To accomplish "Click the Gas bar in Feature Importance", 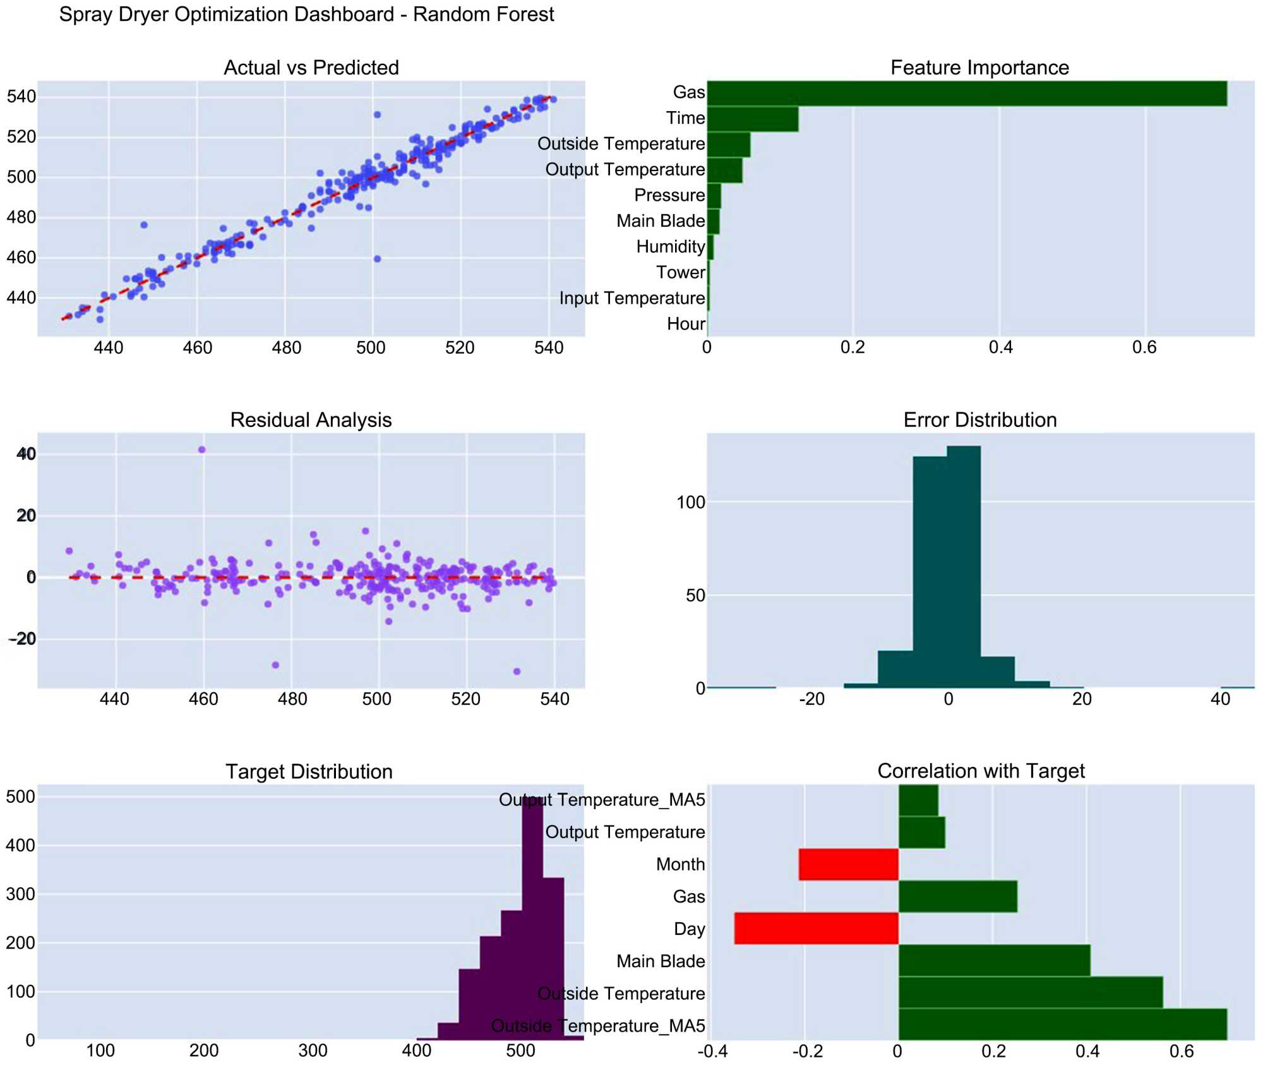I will (966, 93).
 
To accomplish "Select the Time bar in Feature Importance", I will (752, 119).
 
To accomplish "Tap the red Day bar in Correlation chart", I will (816, 928).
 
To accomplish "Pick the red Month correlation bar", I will (848, 864).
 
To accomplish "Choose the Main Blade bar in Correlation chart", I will (994, 960).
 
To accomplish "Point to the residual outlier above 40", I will (202, 450).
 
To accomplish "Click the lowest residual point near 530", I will (517, 671).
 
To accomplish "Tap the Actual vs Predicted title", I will (311, 68).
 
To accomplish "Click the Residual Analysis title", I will (311, 420).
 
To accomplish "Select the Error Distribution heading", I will (979, 420).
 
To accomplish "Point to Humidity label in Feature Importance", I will (670, 246).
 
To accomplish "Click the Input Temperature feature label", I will (631, 298).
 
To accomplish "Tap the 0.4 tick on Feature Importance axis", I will (1000, 347).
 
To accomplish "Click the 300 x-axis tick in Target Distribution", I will (313, 1050).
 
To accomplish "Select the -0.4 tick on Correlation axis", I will (712, 1051).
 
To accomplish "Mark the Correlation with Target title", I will (981, 771).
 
